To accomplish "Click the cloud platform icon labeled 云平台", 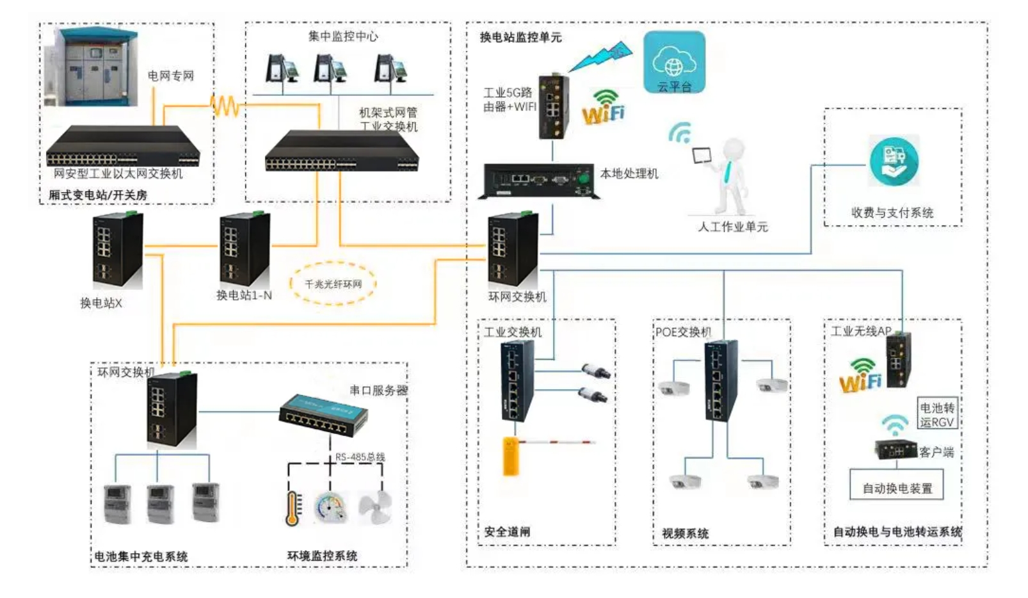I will pos(674,63).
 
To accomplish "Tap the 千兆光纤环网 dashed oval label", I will pos(333,284).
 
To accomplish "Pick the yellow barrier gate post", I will pos(510,456).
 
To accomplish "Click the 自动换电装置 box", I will pos(896,488).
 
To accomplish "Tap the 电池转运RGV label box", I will pos(936,414).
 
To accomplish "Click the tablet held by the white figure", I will pos(702,156).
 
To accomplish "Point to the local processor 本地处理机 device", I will pos(540,179).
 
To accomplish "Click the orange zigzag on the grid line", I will pos(225,106).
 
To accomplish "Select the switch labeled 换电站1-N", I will pos(244,250).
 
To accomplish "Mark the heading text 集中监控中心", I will pos(343,36).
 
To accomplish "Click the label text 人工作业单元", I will pos(732,227).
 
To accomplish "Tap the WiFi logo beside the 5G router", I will pos(603,108).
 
